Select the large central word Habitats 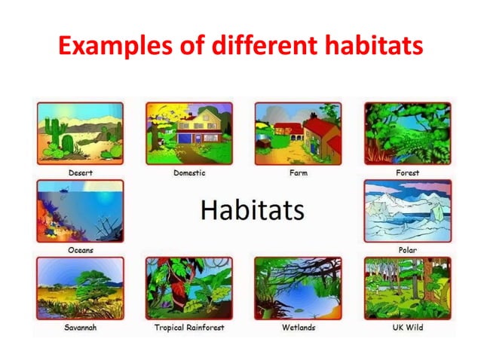[x=252, y=209]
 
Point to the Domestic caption [x=188, y=172]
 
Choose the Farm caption [x=298, y=172]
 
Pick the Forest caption [x=407, y=172]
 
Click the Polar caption [x=407, y=250]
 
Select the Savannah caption [x=80, y=328]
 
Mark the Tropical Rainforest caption [x=188, y=328]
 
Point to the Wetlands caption [x=298, y=328]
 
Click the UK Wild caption [x=407, y=328]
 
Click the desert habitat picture [x=80, y=133]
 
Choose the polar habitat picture [x=407, y=211]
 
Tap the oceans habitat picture [x=80, y=211]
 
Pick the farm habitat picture [x=298, y=133]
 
